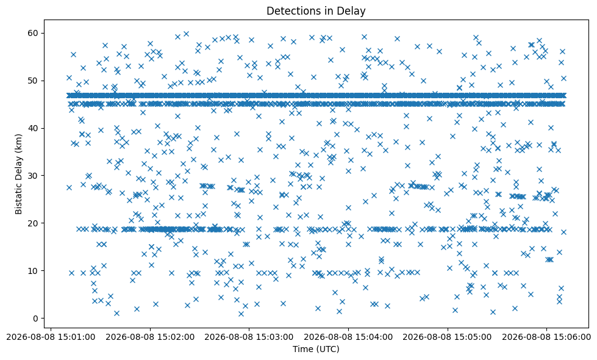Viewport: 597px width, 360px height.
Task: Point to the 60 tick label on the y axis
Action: [x=33, y=33]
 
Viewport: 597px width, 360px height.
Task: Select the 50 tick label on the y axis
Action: [x=33, y=81]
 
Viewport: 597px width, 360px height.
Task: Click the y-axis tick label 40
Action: [x=33, y=128]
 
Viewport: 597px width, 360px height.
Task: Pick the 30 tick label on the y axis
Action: [x=33, y=176]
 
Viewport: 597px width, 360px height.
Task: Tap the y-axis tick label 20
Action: [x=33, y=223]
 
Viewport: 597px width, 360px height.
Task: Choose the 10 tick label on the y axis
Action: [x=33, y=271]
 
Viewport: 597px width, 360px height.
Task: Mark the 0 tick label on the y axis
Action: [x=36, y=319]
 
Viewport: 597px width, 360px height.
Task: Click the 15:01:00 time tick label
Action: [x=51, y=337]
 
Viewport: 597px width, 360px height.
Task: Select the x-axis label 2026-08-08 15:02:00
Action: [x=150, y=337]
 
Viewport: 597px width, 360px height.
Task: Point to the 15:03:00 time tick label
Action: [x=249, y=337]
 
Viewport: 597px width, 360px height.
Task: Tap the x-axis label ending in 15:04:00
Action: [x=348, y=337]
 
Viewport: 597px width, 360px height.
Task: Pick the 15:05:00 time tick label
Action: [x=447, y=337]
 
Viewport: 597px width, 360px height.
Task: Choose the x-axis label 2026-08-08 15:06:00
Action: [x=546, y=337]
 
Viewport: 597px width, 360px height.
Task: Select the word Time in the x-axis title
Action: [x=301, y=349]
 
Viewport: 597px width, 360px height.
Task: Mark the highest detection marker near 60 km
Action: [x=186, y=34]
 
